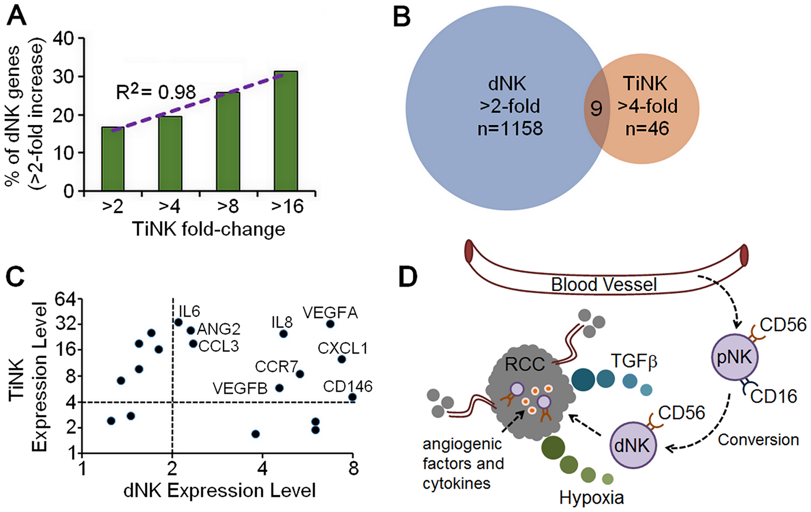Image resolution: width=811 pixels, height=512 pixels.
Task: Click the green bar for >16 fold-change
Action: [x=286, y=131]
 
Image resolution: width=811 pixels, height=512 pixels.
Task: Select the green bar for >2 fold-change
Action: [x=113, y=159]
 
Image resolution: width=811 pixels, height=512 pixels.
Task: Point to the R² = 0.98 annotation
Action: [x=156, y=92]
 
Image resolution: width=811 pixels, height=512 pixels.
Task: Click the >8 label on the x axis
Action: [x=228, y=206]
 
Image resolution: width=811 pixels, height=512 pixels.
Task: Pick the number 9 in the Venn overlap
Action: [x=596, y=108]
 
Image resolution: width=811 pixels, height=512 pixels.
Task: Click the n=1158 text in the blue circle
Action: [x=510, y=129]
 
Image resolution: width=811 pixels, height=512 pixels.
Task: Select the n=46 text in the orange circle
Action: [x=647, y=129]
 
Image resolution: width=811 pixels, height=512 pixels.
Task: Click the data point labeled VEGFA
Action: [x=330, y=324]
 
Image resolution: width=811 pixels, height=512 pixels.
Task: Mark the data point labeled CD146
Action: [x=352, y=397]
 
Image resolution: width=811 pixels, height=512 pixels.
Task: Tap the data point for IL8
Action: [x=283, y=334]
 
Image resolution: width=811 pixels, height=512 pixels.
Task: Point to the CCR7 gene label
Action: [x=277, y=367]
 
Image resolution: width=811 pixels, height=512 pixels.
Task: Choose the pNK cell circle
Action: [x=735, y=357]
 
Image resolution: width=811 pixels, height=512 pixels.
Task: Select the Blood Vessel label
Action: [x=603, y=285]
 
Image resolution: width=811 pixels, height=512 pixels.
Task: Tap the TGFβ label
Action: [x=634, y=360]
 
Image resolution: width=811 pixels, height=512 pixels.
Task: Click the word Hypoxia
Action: [x=591, y=497]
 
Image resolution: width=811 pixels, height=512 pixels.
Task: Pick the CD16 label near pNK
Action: [x=773, y=396]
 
